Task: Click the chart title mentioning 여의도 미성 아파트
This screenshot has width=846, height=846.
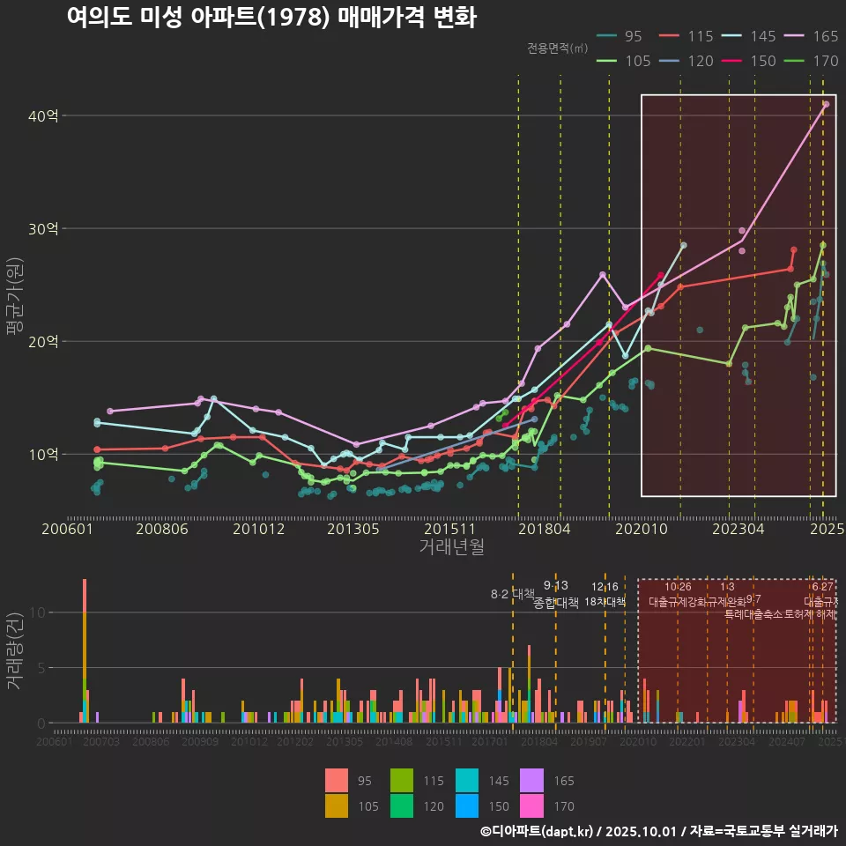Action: (271, 18)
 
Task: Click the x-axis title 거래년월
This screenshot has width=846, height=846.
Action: (451, 546)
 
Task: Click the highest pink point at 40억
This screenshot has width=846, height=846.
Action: (826, 104)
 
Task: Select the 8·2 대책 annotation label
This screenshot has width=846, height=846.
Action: (513, 594)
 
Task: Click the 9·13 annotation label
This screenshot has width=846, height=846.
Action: (555, 585)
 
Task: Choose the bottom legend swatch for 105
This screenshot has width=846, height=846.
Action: (337, 805)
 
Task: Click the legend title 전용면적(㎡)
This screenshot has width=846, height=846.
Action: (557, 48)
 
